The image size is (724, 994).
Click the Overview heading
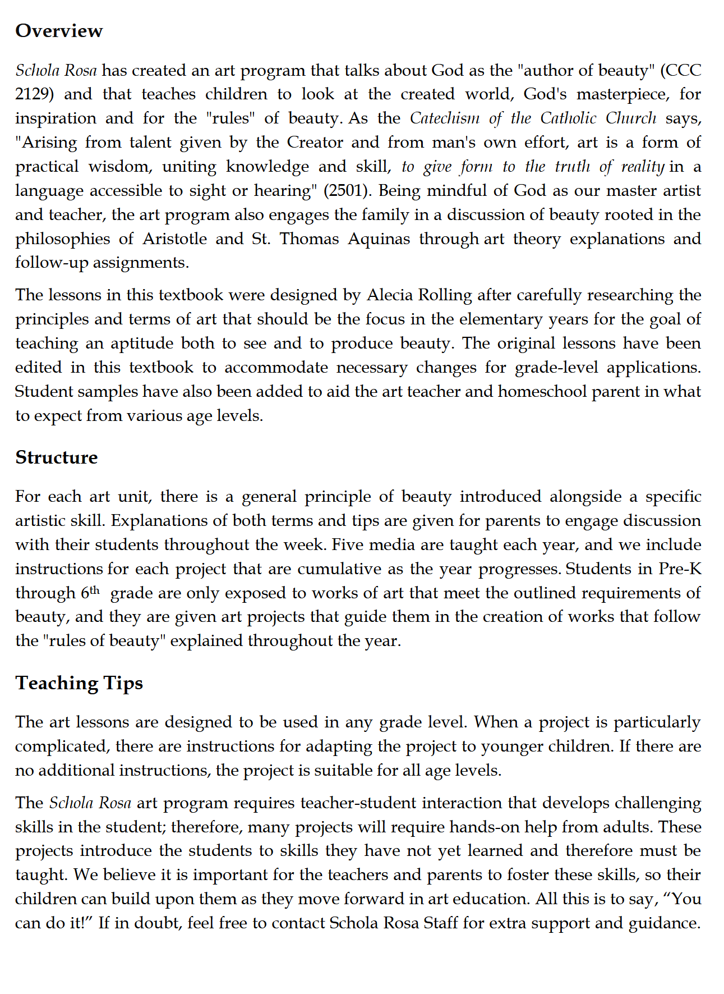[x=59, y=31]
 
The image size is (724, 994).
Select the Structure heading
[x=56, y=457]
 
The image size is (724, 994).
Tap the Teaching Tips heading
[x=79, y=683]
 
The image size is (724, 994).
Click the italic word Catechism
[x=445, y=118]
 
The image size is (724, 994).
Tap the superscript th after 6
[x=95, y=589]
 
